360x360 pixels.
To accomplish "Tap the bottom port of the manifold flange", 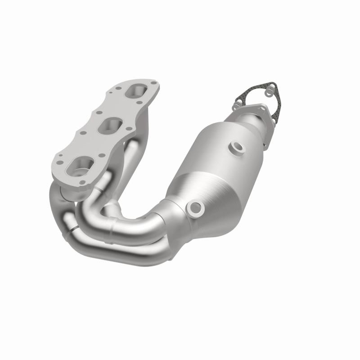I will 80,166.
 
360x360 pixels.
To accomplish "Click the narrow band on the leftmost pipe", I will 70,231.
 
